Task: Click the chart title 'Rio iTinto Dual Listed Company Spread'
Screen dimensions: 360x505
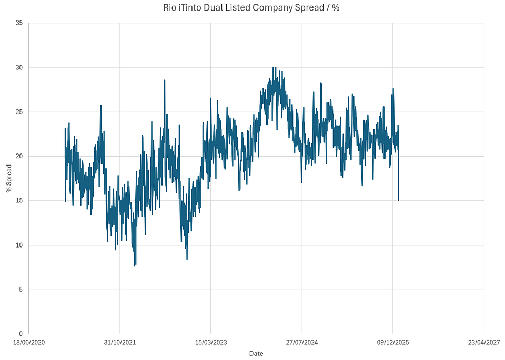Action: pos(256,8)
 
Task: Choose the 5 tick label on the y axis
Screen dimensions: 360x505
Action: pos(20,290)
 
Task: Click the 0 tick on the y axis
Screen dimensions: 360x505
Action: pos(20,334)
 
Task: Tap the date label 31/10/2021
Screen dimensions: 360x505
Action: pos(119,342)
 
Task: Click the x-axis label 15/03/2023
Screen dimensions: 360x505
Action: pos(210,342)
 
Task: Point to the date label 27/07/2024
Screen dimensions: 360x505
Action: pos(302,342)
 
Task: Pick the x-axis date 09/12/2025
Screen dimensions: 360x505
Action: pos(393,342)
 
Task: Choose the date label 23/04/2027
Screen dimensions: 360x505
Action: pos(484,342)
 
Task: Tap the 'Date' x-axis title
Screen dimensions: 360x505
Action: pos(256,353)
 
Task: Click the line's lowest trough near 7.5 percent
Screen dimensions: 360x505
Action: pos(135,266)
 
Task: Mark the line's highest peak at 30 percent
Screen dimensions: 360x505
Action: pos(274,67)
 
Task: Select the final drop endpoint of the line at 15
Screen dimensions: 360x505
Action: pos(398,200)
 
